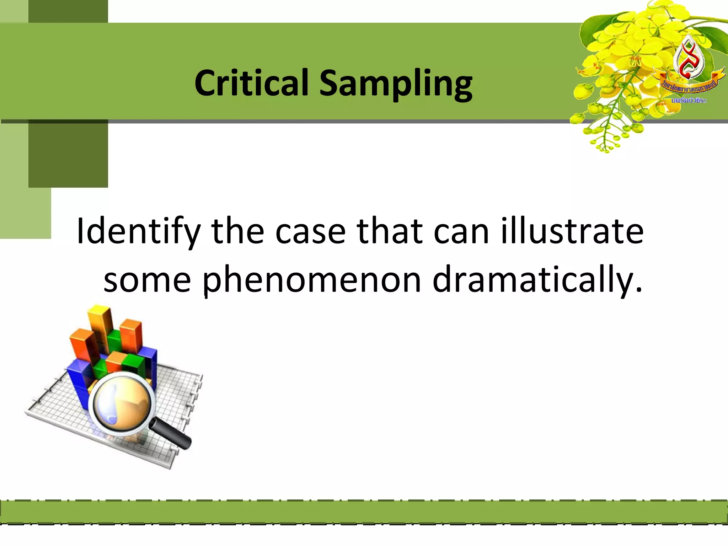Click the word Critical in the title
[x=251, y=83]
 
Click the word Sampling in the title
[x=396, y=84]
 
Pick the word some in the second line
[x=147, y=281]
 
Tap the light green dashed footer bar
[x=364, y=512]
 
